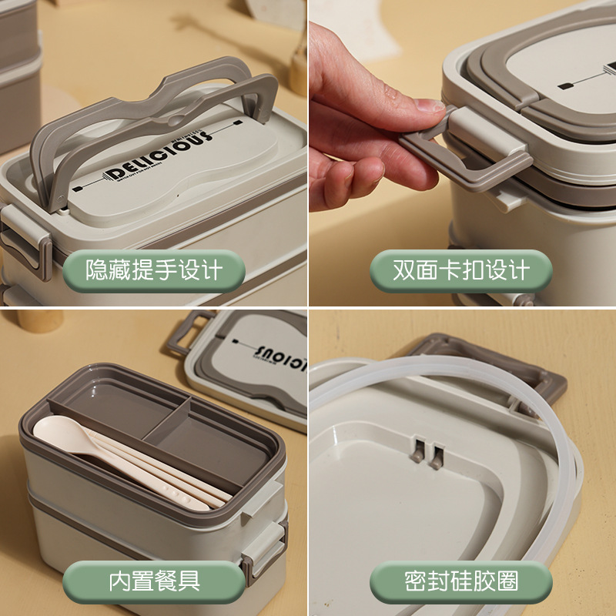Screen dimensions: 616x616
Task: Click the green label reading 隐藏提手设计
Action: [x=153, y=270]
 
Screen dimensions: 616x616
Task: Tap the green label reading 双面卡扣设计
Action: [x=461, y=270]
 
